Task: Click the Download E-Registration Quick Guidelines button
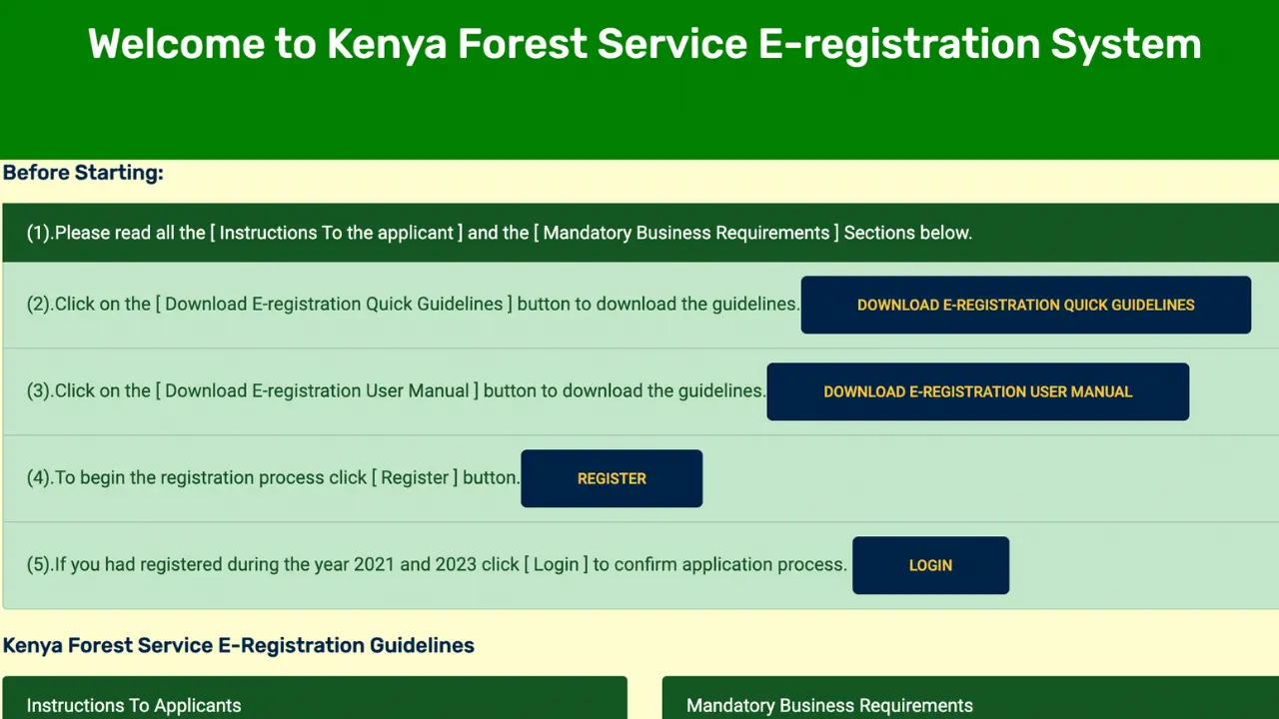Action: (x=1025, y=305)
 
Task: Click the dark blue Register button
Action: (x=612, y=478)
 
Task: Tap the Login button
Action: (x=930, y=565)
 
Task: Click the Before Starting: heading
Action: (x=83, y=173)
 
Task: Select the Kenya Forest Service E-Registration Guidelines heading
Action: (x=239, y=645)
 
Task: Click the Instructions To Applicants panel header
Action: (x=134, y=705)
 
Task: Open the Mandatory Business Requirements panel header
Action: (x=829, y=705)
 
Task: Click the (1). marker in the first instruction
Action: (x=40, y=233)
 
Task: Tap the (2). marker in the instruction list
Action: (x=40, y=305)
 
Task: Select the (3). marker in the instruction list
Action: (x=40, y=391)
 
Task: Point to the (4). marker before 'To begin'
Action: (x=40, y=478)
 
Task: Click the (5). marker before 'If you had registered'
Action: (x=40, y=565)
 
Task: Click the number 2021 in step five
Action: (x=374, y=565)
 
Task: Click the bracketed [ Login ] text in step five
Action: (x=556, y=565)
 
